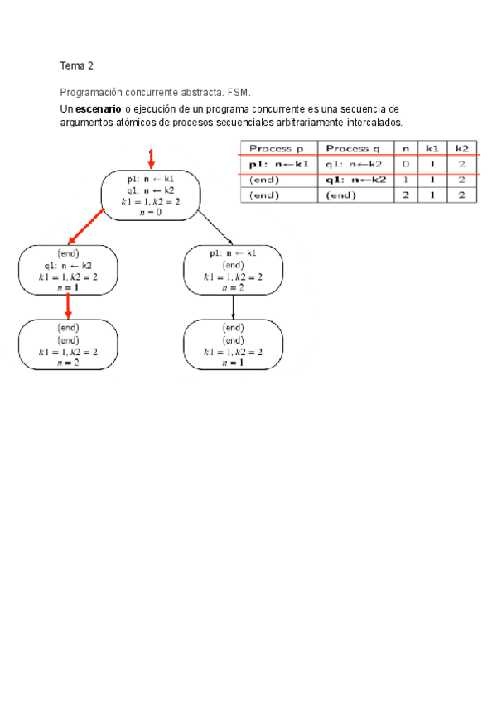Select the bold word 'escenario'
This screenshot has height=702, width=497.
pos(98,110)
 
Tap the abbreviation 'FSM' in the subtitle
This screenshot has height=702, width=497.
pos(239,93)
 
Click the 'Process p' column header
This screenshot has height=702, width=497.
pos(277,149)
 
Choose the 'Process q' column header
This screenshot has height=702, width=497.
pos(354,149)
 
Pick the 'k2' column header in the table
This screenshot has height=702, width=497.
pos(461,149)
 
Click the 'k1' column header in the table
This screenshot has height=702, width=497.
pos(432,149)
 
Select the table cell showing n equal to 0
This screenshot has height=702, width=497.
pos(405,164)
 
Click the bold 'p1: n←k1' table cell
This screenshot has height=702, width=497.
pos(277,164)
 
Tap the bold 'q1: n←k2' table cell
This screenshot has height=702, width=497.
pos(355,180)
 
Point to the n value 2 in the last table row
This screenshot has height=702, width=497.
pos(405,195)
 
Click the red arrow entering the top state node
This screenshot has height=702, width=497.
pos(151,158)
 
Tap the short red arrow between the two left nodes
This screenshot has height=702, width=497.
pos(68,307)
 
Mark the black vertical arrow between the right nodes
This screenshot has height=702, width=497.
pos(233,308)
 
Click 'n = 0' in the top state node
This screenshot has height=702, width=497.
pos(151,212)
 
